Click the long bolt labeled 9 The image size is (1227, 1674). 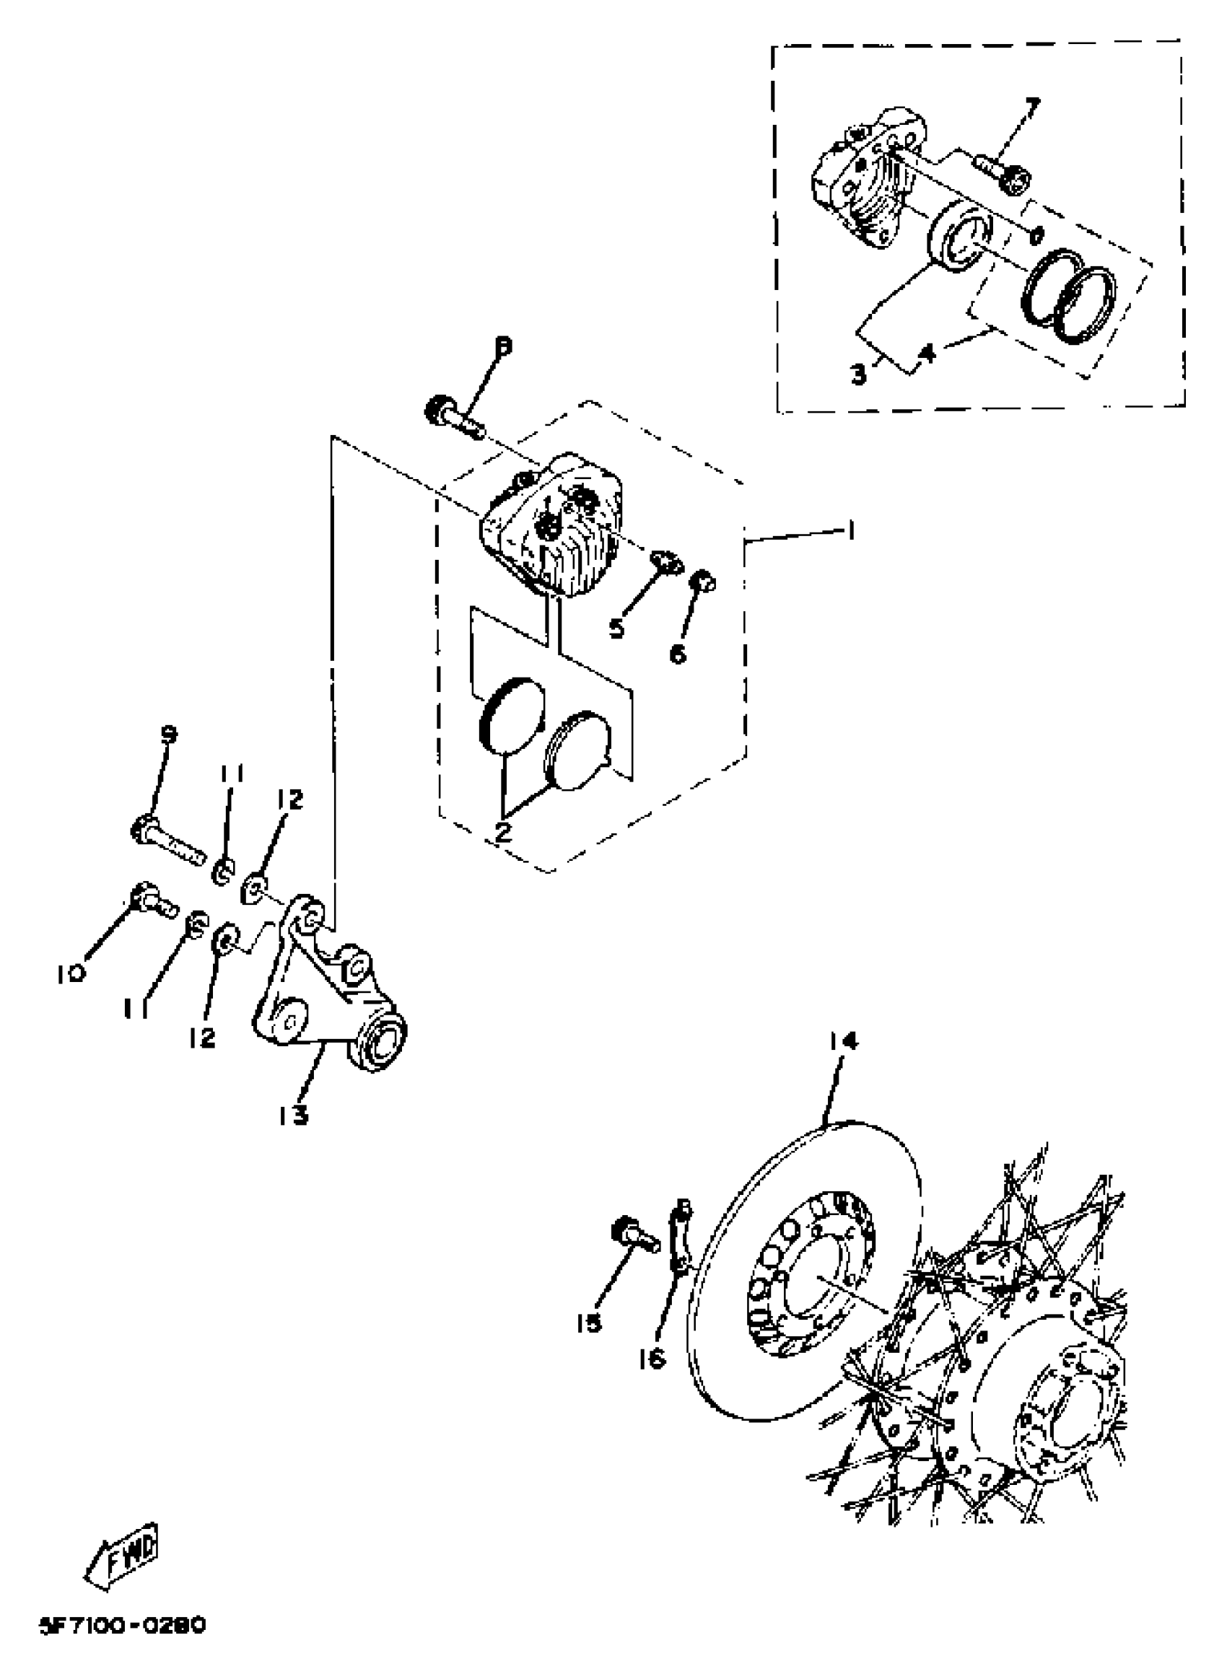pyautogui.click(x=170, y=841)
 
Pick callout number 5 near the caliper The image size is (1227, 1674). pyautogui.click(x=616, y=628)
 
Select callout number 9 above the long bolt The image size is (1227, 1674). pyautogui.click(x=170, y=735)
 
